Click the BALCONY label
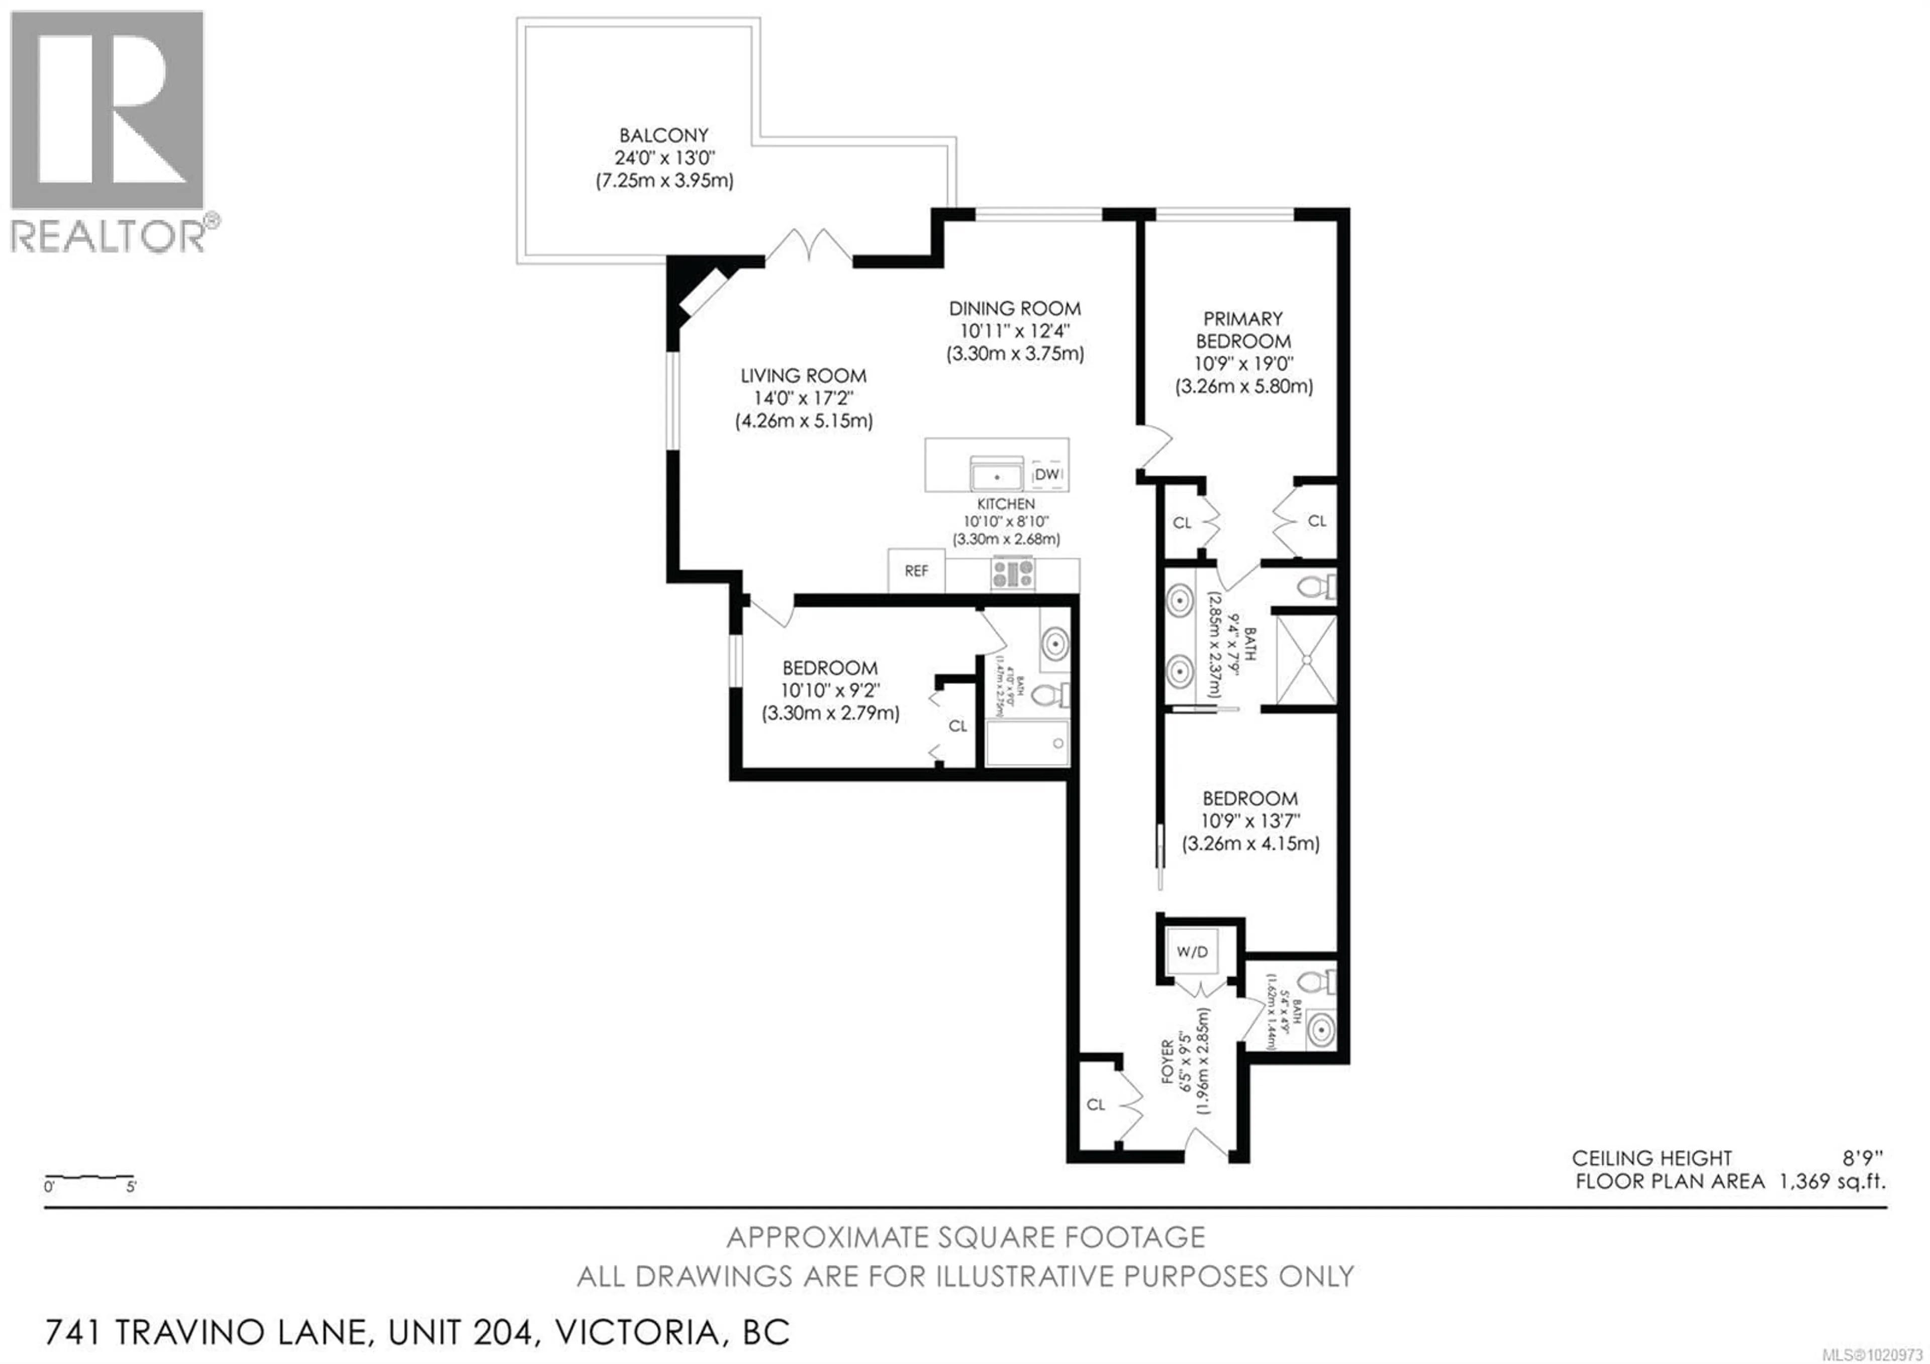(x=663, y=135)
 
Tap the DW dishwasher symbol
(x=1046, y=474)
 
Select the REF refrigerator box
(x=916, y=571)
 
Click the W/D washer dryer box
(x=1192, y=951)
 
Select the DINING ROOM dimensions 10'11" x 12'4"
(x=1015, y=331)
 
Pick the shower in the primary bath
(x=1305, y=660)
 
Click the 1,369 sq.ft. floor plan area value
(x=1832, y=1181)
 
